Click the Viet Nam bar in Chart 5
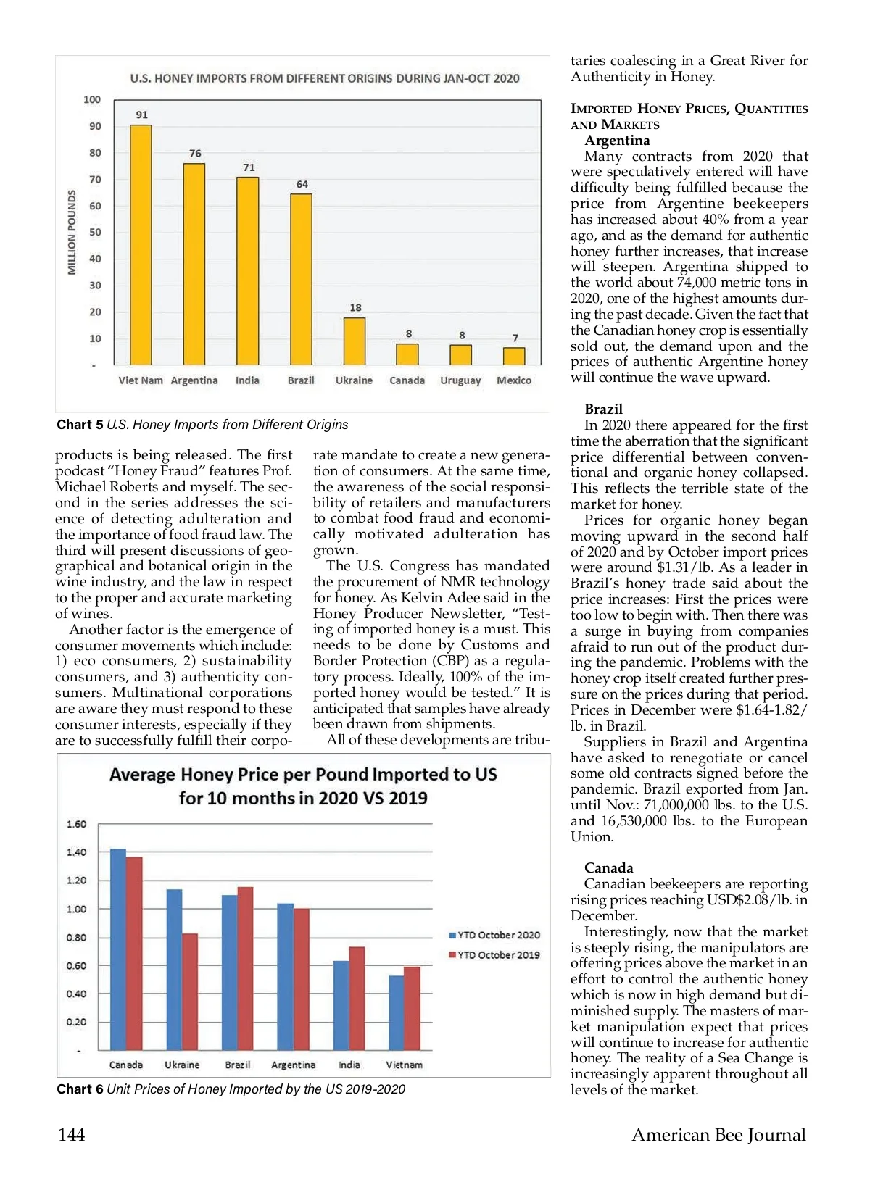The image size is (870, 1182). coord(141,245)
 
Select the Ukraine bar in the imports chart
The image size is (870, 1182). coord(355,341)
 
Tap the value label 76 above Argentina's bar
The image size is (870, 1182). coord(195,154)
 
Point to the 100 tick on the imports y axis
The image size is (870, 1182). coord(92,100)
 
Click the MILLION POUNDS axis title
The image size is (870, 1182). coord(72,233)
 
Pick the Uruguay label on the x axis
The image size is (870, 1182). coord(460,380)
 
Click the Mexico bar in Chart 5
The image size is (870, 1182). coord(514,357)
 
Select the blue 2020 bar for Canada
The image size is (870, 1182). coord(117,949)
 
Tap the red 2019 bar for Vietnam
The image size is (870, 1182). coord(412,1008)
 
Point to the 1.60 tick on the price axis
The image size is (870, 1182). coord(76,825)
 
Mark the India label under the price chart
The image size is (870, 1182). coord(349,1065)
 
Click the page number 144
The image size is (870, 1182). coord(71,1135)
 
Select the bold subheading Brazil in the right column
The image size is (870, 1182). coord(603,409)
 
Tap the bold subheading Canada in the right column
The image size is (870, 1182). coord(608,868)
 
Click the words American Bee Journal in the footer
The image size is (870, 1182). coord(718,1135)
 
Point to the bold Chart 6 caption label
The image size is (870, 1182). coord(80,1089)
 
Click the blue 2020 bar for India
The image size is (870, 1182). coord(341,1006)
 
